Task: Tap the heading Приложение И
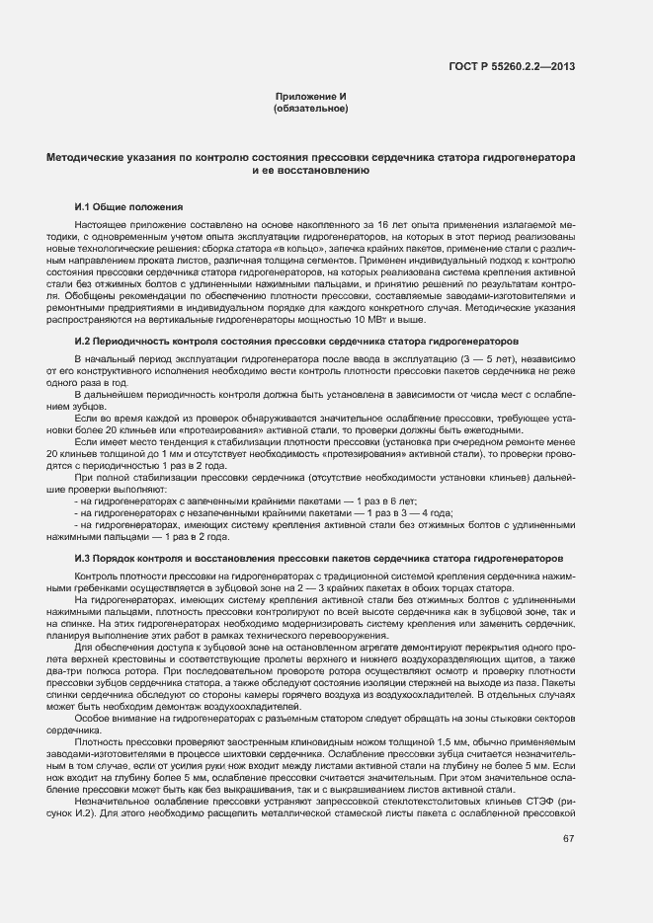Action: click(x=310, y=96)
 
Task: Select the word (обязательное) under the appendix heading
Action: click(x=310, y=108)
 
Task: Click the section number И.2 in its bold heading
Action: click(x=83, y=340)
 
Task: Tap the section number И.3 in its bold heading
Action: click(x=83, y=557)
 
